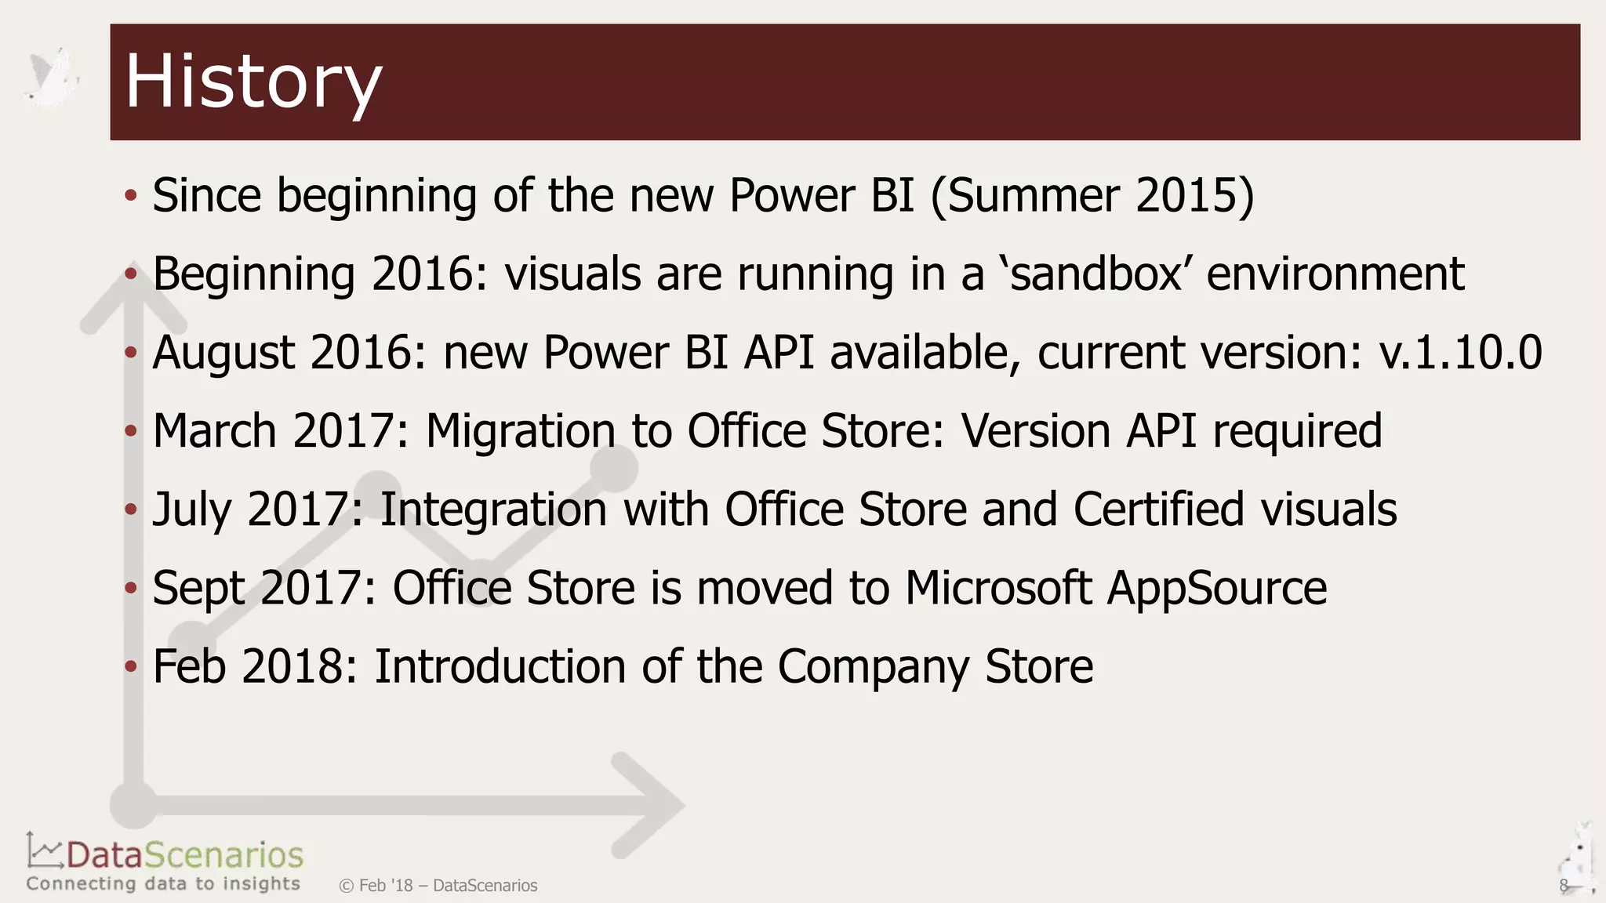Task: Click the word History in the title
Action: (253, 82)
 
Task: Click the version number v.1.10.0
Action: (1460, 353)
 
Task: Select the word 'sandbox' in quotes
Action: (1095, 274)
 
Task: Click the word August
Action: (223, 353)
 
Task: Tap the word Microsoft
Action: (998, 588)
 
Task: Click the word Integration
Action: (494, 510)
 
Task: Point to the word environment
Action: (1335, 274)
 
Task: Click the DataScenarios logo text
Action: (184, 855)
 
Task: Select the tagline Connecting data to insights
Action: (163, 884)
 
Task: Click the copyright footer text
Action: (438, 886)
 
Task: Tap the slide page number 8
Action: (1563, 886)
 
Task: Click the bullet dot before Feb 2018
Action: (131, 667)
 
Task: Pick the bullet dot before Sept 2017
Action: (131, 589)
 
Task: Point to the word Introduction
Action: (499, 667)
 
